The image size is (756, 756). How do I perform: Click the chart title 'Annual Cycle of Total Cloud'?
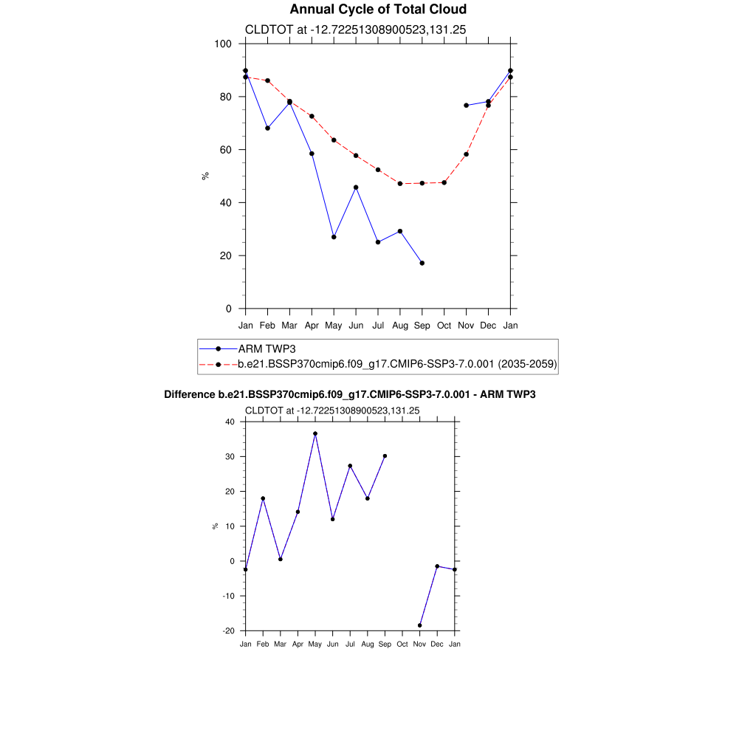tap(378, 10)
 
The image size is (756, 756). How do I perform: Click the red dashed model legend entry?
tap(397, 364)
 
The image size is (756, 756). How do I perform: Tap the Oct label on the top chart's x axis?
tap(444, 325)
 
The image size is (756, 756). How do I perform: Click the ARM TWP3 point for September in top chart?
tap(422, 263)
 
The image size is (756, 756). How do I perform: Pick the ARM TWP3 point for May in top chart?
tap(334, 237)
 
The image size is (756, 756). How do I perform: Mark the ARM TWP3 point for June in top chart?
tap(356, 188)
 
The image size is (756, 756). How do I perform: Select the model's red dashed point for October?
tap(444, 182)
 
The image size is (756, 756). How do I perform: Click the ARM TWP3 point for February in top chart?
tap(267, 128)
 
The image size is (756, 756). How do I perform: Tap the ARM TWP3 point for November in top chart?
tap(466, 106)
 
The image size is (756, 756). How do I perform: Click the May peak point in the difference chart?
tap(315, 434)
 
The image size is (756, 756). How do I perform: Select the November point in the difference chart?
tap(420, 625)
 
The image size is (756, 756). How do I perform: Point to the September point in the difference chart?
tap(385, 456)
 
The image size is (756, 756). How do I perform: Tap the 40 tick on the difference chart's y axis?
tap(229, 422)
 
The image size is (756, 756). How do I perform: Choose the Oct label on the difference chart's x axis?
tap(402, 645)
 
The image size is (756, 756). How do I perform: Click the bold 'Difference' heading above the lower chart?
tap(349, 395)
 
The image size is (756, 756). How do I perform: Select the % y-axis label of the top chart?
tap(205, 176)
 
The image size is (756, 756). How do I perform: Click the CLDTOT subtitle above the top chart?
tap(355, 30)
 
